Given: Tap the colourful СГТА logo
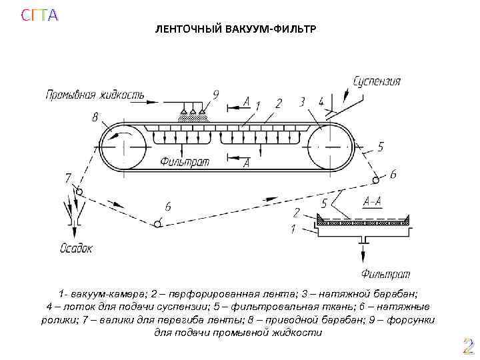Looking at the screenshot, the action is (x=39, y=15).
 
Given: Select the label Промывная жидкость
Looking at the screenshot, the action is (x=95, y=95).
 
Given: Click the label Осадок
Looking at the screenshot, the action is (x=76, y=248).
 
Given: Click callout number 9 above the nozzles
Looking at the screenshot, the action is (x=215, y=95).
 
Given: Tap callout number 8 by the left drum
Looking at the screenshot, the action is (x=95, y=118).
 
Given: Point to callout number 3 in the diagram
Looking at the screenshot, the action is (x=302, y=101).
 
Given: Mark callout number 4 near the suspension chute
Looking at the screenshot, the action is (x=321, y=102).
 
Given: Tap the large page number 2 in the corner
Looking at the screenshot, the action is (x=468, y=346).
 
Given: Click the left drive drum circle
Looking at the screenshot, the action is (x=125, y=148).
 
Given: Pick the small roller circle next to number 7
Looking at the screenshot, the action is (x=79, y=192).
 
